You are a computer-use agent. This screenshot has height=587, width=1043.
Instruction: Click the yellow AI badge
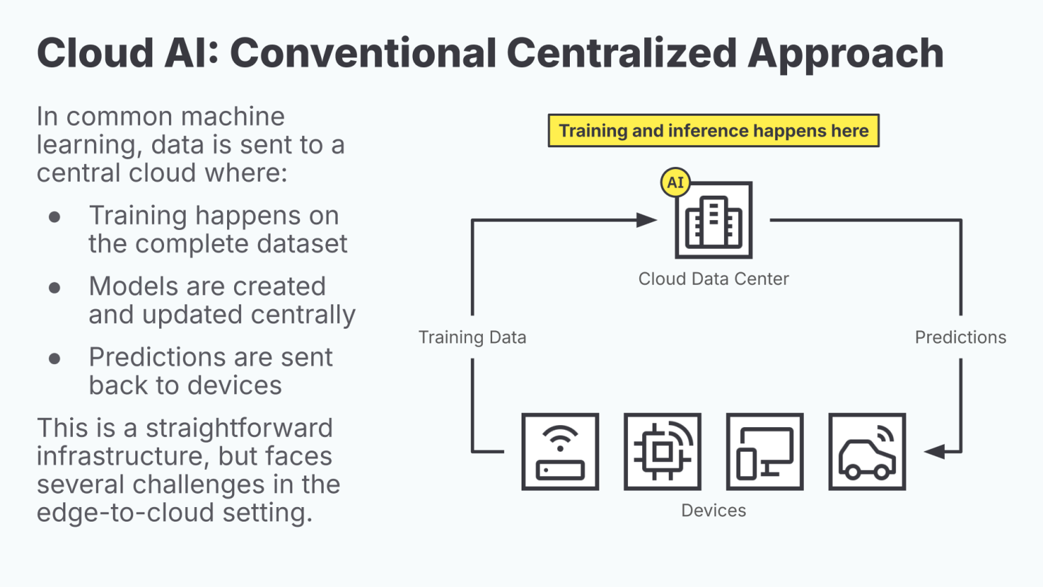[675, 183]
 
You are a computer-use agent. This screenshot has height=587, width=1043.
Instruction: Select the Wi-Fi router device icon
[560, 452]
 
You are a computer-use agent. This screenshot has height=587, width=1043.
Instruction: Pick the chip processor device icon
[662, 452]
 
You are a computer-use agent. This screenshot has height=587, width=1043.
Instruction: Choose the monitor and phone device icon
[765, 452]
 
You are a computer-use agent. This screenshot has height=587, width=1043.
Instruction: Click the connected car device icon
[867, 452]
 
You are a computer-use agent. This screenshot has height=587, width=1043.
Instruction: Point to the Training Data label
[472, 337]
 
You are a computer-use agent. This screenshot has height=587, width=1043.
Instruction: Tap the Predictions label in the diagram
[960, 337]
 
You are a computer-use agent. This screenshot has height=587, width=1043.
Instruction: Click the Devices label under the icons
[714, 511]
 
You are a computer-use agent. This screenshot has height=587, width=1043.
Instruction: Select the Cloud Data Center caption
[714, 279]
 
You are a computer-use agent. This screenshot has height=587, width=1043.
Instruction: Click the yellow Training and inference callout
[714, 130]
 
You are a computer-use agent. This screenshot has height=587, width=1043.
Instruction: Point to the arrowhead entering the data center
[647, 220]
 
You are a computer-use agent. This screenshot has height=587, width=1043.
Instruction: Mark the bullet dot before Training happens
[55, 217]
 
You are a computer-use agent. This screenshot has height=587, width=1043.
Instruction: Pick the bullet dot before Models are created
[55, 288]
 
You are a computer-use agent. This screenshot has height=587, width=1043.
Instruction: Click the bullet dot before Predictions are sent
[55, 358]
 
